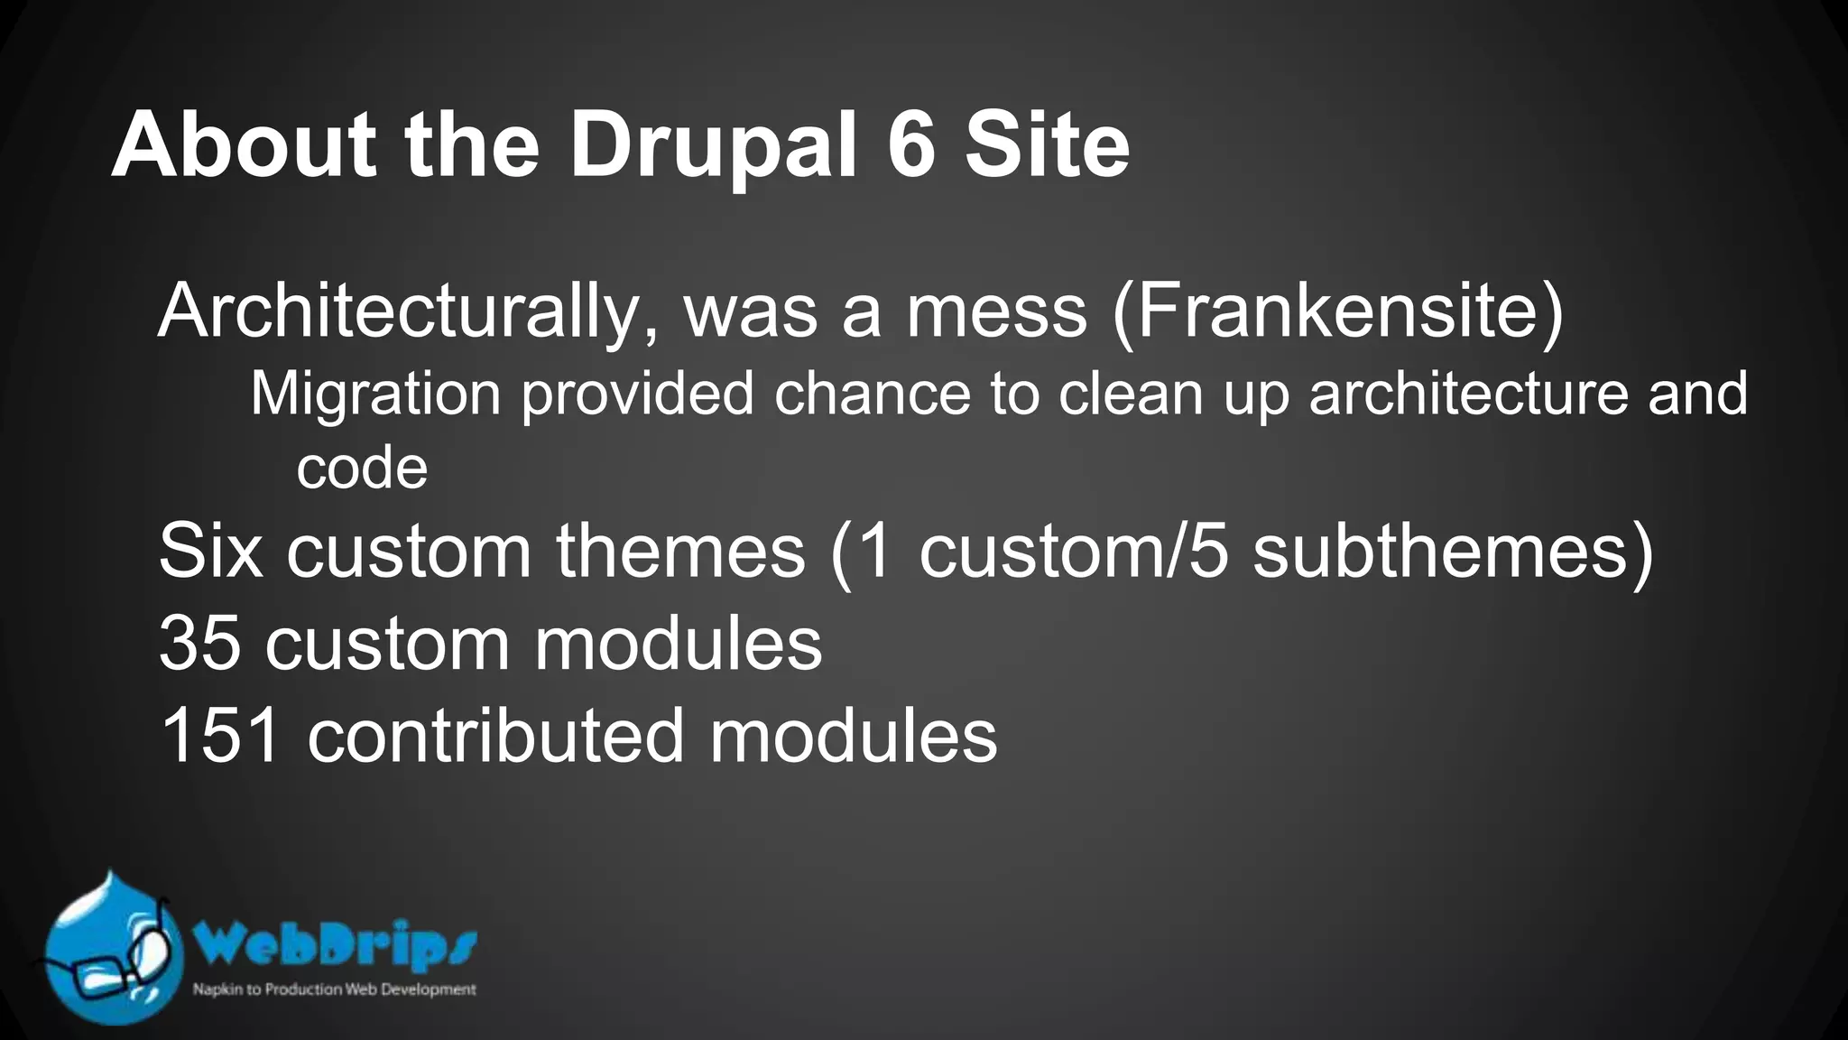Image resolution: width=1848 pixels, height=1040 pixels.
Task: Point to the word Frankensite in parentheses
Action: point(1338,312)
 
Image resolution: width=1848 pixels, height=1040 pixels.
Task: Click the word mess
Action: point(995,312)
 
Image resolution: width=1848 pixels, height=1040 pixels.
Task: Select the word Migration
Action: point(375,395)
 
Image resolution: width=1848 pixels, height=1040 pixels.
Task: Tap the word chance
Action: point(872,395)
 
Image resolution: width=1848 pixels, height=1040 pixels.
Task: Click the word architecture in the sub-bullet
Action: point(1469,395)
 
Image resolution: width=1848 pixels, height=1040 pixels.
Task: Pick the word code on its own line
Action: point(362,469)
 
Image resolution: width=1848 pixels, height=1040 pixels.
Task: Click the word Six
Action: point(210,552)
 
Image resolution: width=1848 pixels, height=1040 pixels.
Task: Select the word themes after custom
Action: point(679,552)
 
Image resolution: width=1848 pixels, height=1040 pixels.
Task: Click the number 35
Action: point(199,645)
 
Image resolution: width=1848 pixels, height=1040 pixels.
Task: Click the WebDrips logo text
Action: point(335,946)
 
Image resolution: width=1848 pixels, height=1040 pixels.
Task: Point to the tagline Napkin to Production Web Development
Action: point(334,989)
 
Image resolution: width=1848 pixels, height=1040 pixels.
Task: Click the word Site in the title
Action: point(1047,146)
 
